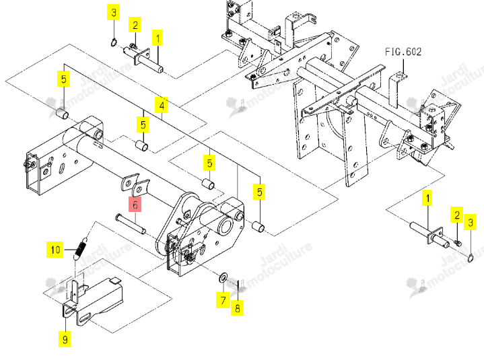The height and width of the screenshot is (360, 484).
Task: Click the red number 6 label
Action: click(135, 204)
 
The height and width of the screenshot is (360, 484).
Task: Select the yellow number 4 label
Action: click(162, 105)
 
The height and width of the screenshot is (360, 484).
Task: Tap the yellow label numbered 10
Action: click(55, 250)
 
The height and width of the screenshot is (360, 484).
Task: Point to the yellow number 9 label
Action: click(65, 339)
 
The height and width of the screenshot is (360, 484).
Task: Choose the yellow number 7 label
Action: click(223, 300)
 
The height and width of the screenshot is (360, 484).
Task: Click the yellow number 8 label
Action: click(237, 308)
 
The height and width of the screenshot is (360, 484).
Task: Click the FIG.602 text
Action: click(403, 52)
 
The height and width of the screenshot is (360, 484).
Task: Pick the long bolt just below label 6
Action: click(131, 223)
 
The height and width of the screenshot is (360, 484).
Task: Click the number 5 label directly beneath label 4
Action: click(143, 124)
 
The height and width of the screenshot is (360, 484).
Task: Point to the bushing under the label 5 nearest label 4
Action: click(141, 145)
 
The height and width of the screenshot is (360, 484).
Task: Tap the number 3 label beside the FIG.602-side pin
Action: click(470, 223)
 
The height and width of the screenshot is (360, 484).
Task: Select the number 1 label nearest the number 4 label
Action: click(158, 38)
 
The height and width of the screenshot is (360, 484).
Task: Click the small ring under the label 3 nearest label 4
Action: click(114, 42)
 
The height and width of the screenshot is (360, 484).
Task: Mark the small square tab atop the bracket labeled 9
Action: click(116, 280)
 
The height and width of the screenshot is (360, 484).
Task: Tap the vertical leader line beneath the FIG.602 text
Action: click(403, 66)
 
